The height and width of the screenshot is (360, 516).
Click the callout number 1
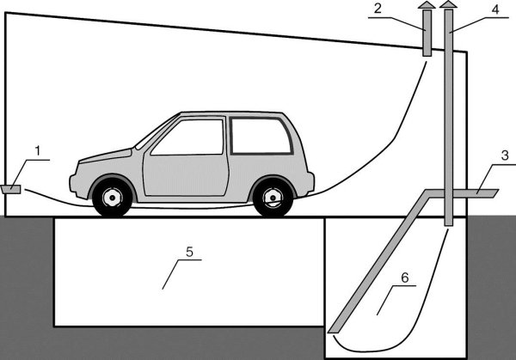point(37,151)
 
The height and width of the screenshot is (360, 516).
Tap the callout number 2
point(378,9)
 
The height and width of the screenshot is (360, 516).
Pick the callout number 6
point(404,278)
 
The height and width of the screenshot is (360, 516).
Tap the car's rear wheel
point(273,198)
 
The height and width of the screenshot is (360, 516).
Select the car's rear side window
point(261,136)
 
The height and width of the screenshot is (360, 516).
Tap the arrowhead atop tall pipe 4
point(447,6)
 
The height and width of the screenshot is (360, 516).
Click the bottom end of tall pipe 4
point(448,223)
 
